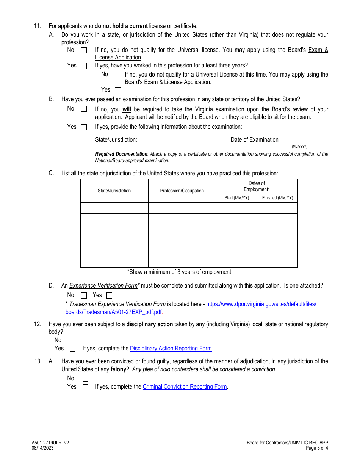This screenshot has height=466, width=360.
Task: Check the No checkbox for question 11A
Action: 84,50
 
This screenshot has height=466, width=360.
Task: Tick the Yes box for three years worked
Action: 118,90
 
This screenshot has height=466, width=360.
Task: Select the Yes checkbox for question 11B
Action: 84,127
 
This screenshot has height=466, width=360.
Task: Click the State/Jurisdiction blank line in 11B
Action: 184,140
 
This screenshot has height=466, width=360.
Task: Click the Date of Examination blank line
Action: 299,140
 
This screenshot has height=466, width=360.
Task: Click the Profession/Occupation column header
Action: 182,191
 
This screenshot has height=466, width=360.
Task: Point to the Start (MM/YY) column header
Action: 237,198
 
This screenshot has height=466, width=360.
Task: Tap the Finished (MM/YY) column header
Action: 277,198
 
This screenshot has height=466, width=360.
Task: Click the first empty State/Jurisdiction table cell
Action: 114,208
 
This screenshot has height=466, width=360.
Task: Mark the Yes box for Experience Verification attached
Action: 109,296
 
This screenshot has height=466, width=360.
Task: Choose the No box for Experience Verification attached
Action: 84,296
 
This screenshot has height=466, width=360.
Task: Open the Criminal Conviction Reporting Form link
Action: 185,387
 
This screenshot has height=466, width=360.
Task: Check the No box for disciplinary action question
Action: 72,341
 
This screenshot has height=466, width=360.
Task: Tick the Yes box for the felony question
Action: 85,387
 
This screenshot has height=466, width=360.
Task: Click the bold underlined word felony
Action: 118,369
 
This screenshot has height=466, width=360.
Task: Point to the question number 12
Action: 38,324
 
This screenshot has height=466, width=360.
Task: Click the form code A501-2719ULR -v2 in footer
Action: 50,443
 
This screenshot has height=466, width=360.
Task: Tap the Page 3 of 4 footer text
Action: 317,448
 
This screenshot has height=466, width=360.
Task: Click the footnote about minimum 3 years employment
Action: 180,272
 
